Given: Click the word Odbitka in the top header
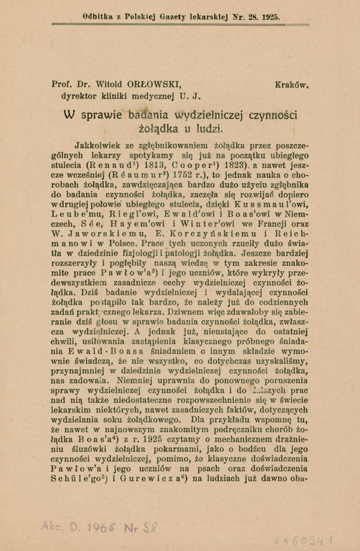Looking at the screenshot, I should click(83, 12).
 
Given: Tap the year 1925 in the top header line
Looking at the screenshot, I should click(266, 12).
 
